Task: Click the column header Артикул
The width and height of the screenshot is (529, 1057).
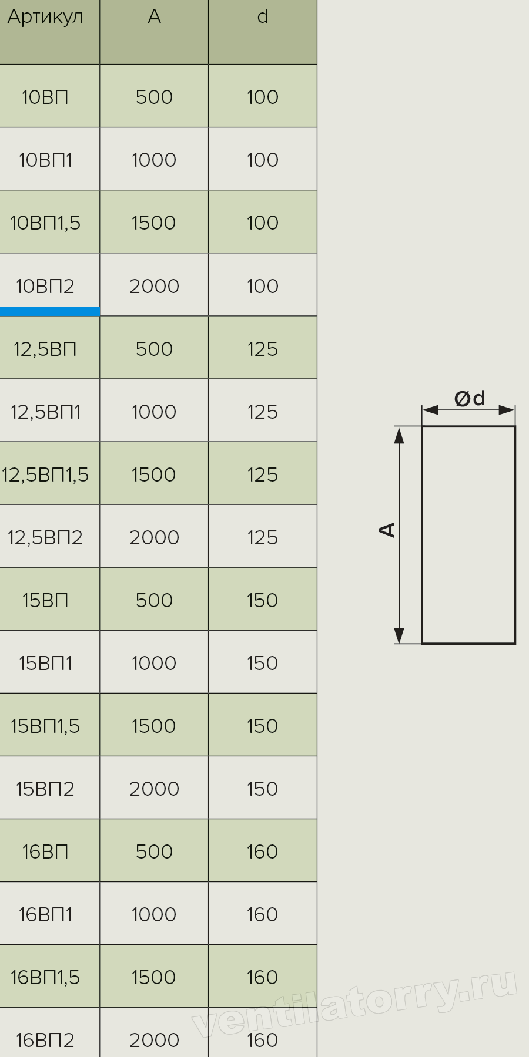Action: pos(45,17)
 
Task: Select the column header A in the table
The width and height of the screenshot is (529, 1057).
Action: pos(154,16)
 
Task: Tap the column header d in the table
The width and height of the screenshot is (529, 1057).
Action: pos(263,16)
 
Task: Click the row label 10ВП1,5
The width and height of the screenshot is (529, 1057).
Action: pos(45,223)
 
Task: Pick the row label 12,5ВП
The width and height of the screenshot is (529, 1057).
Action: pos(45,349)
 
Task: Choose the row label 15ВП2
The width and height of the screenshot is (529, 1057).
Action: pos(45,789)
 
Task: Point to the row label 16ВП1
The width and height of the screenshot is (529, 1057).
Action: pos(45,914)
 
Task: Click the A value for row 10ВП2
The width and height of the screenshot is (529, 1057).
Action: pos(154,286)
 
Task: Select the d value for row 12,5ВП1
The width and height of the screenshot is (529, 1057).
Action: pos(262,412)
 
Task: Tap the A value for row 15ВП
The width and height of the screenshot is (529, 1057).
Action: pos(154,600)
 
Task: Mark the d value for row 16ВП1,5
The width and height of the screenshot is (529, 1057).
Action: pos(262,977)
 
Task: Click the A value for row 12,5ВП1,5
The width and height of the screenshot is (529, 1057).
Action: pos(154,474)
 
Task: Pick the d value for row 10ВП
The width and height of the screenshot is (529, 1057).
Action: pos(262,97)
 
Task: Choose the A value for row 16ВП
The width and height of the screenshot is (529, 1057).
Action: pos(154,851)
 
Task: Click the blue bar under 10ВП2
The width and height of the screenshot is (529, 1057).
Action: pos(50,312)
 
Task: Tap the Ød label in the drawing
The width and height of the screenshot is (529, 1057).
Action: pos(470,399)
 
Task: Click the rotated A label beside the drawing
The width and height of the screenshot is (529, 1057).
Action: pos(387,529)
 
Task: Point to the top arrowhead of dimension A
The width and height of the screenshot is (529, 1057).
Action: pos(399,435)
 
